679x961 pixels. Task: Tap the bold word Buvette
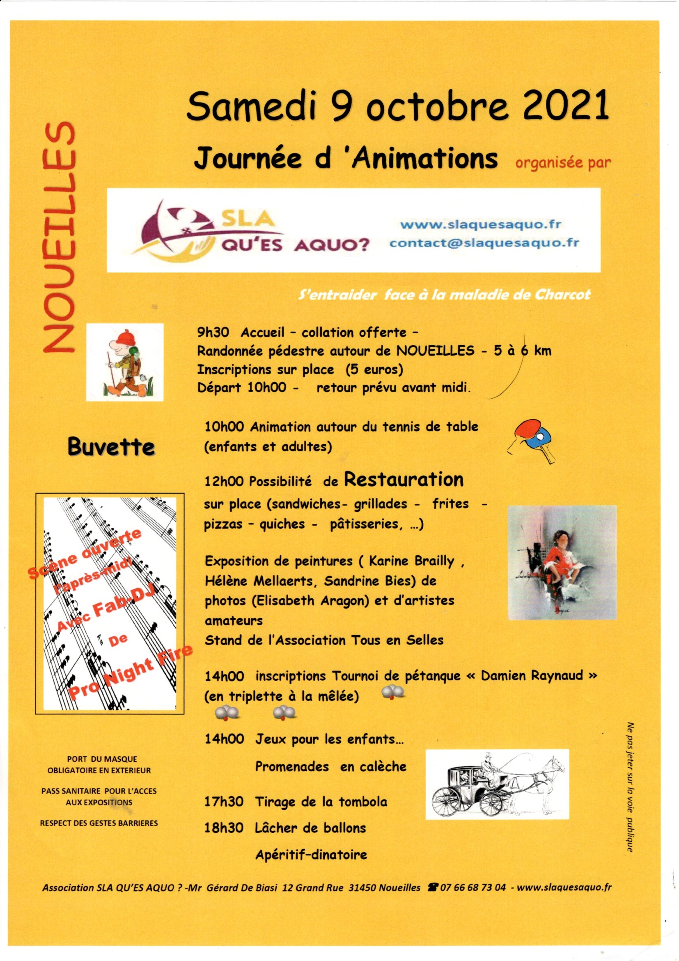coord(111,448)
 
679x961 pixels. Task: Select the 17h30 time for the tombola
coord(224,801)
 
